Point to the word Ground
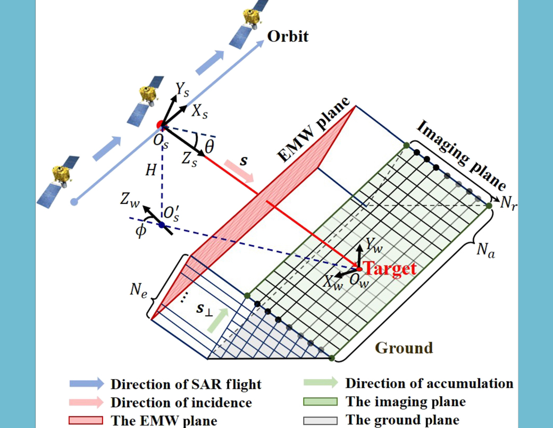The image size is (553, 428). pos(404,348)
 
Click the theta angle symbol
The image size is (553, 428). pos(209,145)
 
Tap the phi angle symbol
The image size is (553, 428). pos(140,232)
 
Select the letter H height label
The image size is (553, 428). pos(150,170)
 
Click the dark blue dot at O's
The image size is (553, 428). pos(162,225)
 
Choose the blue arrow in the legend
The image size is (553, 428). pos(87,384)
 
